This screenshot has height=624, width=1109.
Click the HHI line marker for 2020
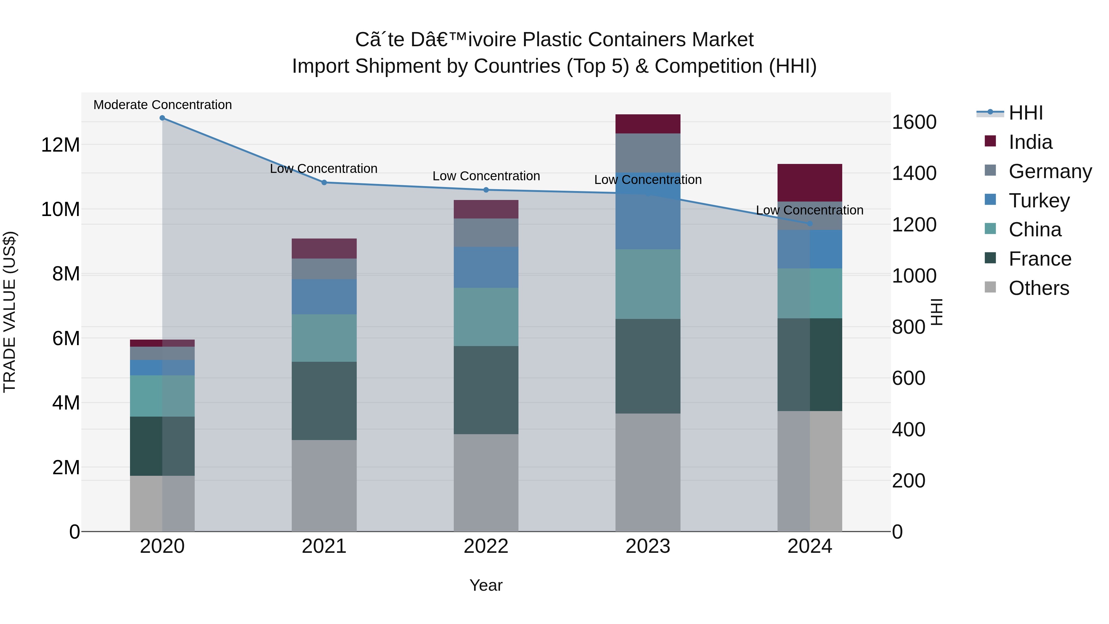pyautogui.click(x=162, y=118)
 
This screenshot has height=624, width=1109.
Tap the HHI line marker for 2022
pyautogui.click(x=486, y=190)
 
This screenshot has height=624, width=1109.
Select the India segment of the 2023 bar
pyautogui.click(x=648, y=124)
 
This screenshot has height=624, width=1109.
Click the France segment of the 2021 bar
pyautogui.click(x=324, y=401)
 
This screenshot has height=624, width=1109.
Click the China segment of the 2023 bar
pyautogui.click(x=648, y=284)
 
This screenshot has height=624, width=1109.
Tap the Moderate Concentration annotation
pyautogui.click(x=162, y=105)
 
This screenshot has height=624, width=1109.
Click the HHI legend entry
pyautogui.click(x=1026, y=113)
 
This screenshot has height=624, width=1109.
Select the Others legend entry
pyautogui.click(x=1038, y=288)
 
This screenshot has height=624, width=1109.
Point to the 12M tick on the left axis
pyautogui.click(x=60, y=145)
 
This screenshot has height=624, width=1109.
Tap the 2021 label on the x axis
pyautogui.click(x=324, y=546)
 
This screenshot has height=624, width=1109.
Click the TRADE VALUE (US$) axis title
pyautogui.click(x=10, y=312)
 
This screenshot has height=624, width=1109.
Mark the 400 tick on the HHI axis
pyautogui.click(x=908, y=429)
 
